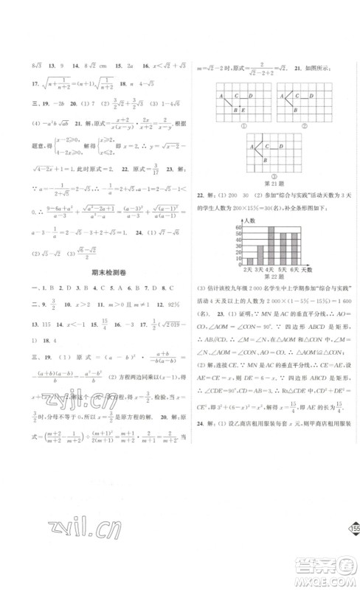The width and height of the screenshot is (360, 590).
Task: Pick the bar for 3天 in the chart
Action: click(260, 254)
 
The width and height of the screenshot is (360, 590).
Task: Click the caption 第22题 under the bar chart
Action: click(271, 280)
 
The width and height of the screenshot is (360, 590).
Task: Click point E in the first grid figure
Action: click(243, 111)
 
